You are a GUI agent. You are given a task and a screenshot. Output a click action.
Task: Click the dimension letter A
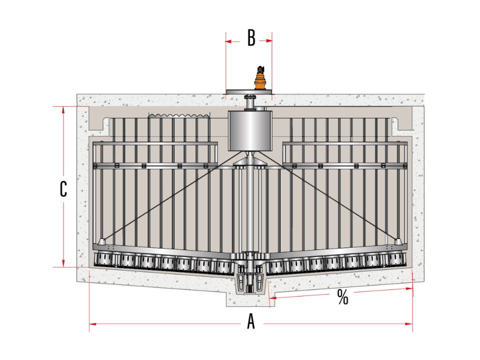(x=251, y=322)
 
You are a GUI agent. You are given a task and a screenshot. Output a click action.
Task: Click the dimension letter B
(x=251, y=38)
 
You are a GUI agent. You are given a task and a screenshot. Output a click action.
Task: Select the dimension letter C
(x=63, y=189)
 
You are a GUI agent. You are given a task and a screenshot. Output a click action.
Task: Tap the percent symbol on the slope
(x=342, y=296)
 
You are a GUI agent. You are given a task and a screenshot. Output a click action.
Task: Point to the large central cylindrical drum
(x=250, y=130)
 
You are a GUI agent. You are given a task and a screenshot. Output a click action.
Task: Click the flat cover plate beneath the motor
(x=248, y=92)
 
